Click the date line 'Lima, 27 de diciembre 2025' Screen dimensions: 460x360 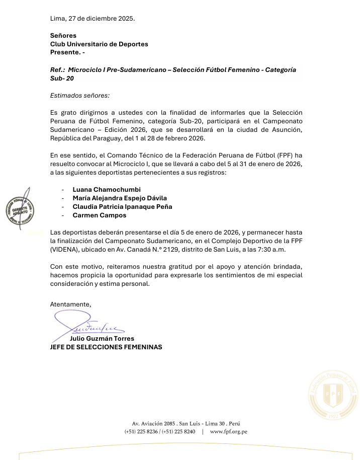click(93, 19)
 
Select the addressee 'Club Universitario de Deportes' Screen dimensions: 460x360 click(99, 44)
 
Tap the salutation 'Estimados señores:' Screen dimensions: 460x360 click(80, 95)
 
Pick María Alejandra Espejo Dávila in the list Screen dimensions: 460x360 click(120, 198)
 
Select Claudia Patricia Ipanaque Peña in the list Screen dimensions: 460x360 click(122, 206)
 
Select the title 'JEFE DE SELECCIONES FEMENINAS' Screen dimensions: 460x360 click(106, 347)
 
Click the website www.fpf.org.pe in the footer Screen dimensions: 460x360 click(228, 431)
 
